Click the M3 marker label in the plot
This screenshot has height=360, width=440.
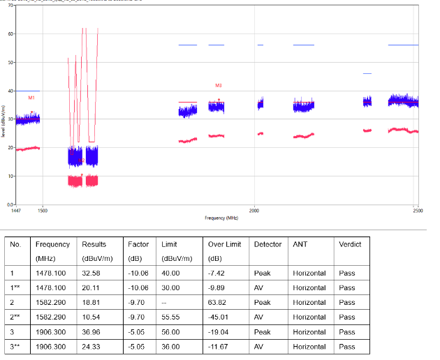[x=219, y=85]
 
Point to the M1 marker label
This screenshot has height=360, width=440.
[x=31, y=98]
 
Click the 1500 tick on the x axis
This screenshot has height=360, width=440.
[x=43, y=209]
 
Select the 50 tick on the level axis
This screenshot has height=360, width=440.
[x=10, y=63]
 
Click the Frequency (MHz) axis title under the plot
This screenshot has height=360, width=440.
[x=221, y=218]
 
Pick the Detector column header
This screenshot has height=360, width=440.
[x=268, y=244]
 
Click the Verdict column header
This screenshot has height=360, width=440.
[x=350, y=244]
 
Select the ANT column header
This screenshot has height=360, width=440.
[x=300, y=244]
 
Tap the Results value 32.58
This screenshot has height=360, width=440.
[x=93, y=273]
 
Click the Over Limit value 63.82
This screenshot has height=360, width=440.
[x=219, y=302]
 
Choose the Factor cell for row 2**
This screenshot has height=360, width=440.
[x=137, y=317]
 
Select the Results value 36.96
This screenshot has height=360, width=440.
[x=93, y=331]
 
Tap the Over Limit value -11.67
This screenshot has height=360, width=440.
[x=220, y=346]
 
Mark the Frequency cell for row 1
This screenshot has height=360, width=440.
[x=52, y=273]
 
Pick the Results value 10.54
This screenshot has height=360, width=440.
[x=93, y=317]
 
